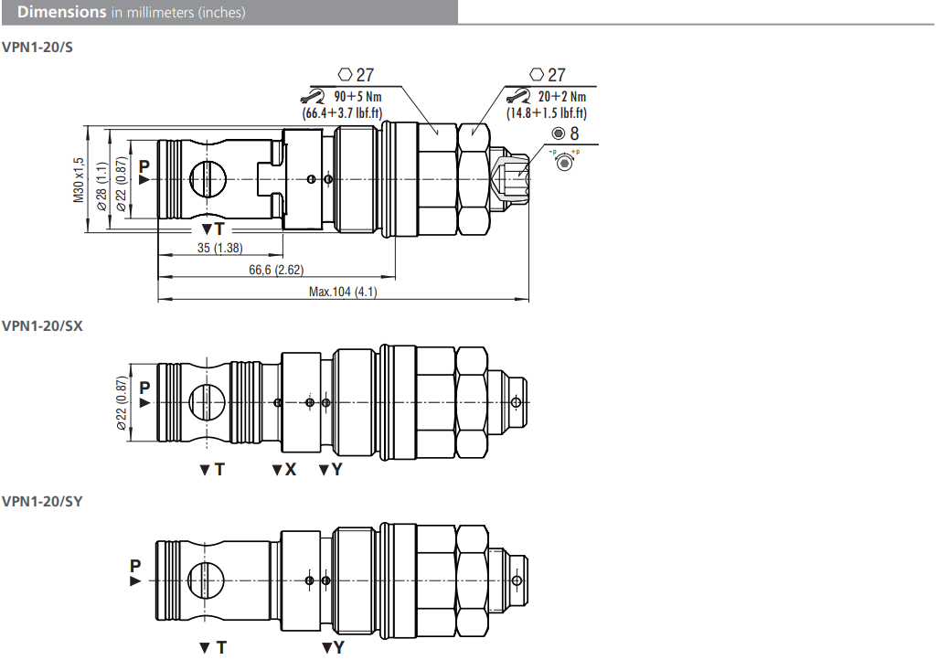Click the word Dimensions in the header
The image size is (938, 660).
[61, 12]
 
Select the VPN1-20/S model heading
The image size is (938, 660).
[37, 48]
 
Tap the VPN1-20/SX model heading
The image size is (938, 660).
[42, 326]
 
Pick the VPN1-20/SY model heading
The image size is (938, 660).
[42, 502]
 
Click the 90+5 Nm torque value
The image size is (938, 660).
[357, 96]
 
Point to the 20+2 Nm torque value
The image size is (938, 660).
[561, 96]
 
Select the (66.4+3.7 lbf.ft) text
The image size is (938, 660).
[342, 112]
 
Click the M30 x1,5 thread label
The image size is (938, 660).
[79, 180]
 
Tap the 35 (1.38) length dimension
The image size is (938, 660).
[220, 248]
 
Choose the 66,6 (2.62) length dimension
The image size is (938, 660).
[276, 270]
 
